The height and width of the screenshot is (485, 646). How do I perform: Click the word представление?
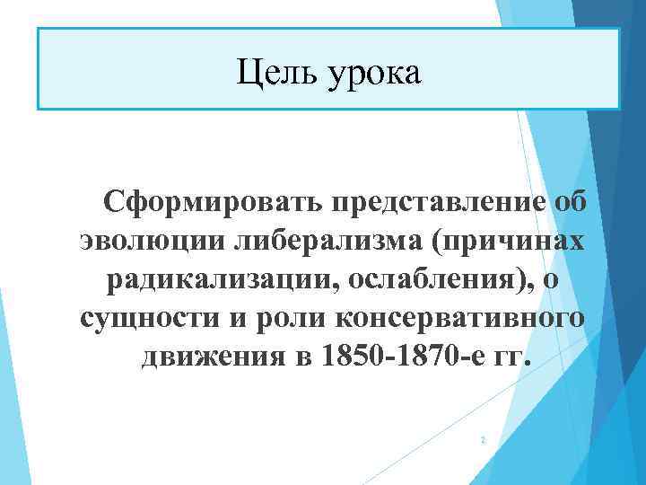(x=436, y=201)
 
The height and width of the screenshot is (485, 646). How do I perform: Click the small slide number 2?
(x=483, y=440)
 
